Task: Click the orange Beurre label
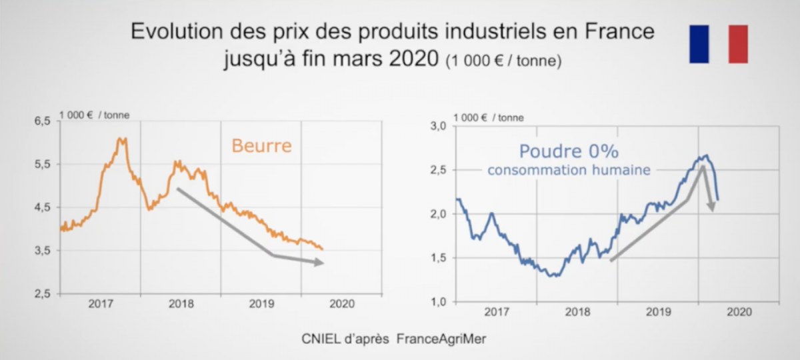click(261, 145)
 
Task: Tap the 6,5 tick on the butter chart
click(42, 121)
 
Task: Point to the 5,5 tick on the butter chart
click(42, 164)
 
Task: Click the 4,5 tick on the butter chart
click(42, 207)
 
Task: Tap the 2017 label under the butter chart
click(101, 304)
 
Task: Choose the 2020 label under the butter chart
click(342, 304)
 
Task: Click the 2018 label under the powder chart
click(577, 311)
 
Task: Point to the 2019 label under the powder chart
click(658, 311)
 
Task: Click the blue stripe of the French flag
click(699, 44)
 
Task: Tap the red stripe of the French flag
click(738, 44)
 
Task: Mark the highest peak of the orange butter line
click(120, 139)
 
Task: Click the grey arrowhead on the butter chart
click(319, 263)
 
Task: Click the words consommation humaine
click(569, 170)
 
